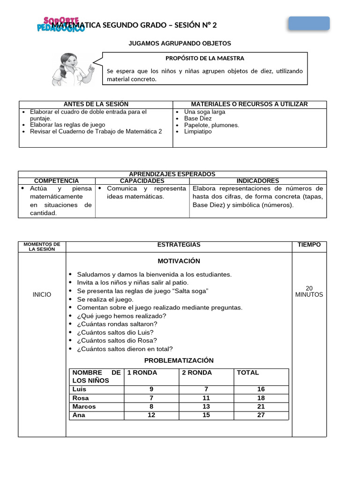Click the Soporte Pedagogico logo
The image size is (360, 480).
point(61,24)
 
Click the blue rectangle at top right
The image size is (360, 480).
point(308,23)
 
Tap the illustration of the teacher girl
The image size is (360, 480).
point(73,69)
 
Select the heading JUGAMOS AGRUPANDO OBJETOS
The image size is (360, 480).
point(180,43)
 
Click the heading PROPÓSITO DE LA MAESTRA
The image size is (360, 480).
point(205,58)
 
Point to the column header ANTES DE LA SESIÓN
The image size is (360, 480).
point(96,104)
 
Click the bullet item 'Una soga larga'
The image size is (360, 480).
point(204,112)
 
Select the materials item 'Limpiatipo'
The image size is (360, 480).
point(198,132)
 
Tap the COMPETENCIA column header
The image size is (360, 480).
point(56,181)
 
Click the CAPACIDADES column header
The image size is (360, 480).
point(142,181)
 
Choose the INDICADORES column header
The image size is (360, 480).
point(257,181)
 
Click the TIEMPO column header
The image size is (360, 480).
point(309,245)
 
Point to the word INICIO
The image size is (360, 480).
point(42,295)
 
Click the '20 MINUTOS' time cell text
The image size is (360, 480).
point(309,292)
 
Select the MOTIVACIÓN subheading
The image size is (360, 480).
point(179,261)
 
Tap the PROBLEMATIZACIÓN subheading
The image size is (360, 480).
point(179,360)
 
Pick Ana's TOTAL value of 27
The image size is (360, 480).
point(261,415)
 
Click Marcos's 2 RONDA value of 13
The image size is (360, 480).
point(206,407)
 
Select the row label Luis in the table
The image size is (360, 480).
point(79,389)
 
